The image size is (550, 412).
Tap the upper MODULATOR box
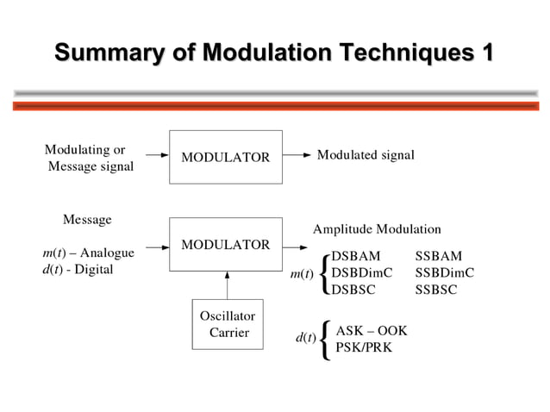[225, 157]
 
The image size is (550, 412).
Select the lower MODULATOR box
[225, 245]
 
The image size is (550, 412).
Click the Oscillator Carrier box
[228, 324]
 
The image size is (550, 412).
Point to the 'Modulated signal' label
[366, 155]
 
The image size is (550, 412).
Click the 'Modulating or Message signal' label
[89, 159]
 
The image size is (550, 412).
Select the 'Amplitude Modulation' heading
[377, 229]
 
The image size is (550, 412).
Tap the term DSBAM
[355, 256]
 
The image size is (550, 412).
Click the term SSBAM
[438, 256]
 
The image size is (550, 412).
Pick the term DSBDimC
[362, 272]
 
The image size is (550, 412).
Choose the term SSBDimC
[445, 272]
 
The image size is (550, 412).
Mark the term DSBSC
[353, 289]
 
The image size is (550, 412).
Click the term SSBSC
[436, 289]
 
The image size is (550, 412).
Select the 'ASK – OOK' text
[371, 330]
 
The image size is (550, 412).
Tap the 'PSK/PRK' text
[364, 347]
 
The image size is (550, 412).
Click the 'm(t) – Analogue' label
[88, 253]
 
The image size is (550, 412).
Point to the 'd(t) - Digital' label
[78, 269]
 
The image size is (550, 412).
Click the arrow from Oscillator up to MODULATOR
[228, 284]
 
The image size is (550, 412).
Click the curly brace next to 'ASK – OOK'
[324, 339]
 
